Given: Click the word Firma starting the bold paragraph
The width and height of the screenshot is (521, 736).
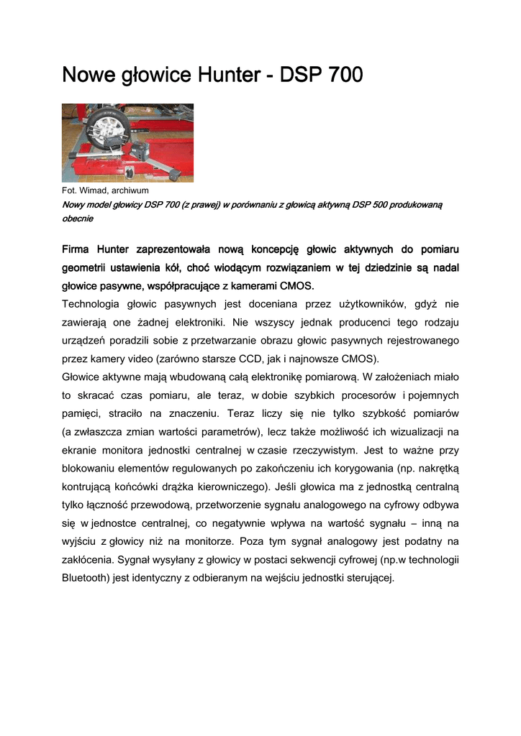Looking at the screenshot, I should (x=78, y=249).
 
